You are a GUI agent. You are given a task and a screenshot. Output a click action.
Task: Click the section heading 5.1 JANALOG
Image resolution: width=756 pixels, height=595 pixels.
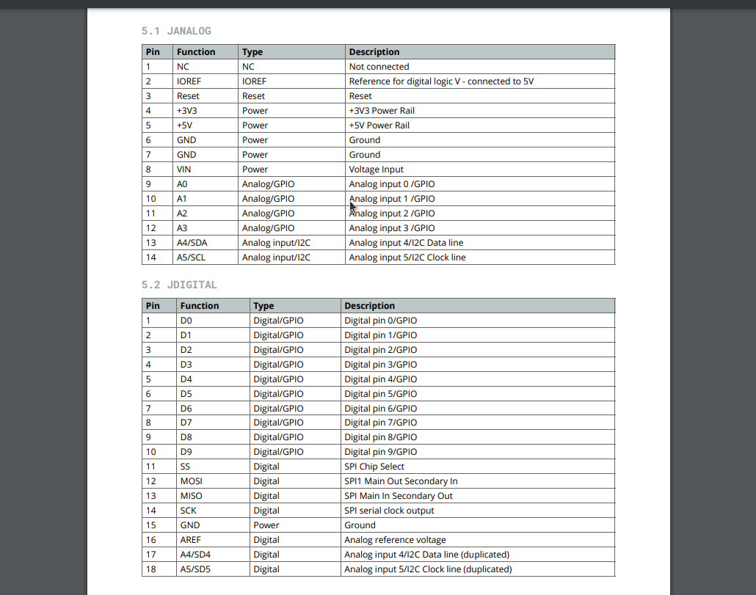click(176, 31)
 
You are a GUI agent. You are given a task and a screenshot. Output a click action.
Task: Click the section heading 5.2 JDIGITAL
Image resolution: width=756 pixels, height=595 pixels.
click(179, 285)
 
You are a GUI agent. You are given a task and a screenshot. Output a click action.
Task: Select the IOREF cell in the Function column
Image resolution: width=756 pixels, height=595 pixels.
click(189, 81)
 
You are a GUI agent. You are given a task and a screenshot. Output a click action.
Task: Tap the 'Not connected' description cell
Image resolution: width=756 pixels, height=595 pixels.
click(379, 67)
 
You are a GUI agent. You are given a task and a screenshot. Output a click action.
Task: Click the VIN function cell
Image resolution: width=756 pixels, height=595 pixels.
click(184, 169)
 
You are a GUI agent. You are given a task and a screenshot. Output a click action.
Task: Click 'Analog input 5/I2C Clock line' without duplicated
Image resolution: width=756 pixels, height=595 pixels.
click(407, 258)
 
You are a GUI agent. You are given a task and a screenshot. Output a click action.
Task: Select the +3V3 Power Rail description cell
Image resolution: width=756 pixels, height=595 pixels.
click(382, 111)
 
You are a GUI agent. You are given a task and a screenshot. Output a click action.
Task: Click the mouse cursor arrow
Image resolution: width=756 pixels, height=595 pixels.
click(353, 207)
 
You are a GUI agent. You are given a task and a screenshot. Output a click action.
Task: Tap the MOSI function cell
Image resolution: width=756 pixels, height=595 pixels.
click(191, 481)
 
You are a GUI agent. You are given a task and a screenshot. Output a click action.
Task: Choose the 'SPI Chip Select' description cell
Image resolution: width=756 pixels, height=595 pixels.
click(374, 467)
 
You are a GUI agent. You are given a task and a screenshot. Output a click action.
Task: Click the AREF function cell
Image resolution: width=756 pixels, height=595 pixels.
click(190, 540)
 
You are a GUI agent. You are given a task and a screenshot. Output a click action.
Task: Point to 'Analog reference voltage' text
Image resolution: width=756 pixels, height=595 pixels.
click(395, 540)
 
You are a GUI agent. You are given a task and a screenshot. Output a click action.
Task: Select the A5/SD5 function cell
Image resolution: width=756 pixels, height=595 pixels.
click(195, 569)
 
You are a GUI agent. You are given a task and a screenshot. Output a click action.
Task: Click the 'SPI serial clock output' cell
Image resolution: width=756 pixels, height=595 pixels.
click(389, 511)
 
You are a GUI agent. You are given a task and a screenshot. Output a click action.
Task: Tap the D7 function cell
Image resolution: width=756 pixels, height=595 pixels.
click(186, 423)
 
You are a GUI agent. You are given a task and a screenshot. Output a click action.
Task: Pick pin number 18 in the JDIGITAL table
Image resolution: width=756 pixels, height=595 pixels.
click(151, 569)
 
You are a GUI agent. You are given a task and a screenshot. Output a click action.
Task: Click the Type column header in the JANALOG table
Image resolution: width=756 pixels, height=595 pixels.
click(252, 52)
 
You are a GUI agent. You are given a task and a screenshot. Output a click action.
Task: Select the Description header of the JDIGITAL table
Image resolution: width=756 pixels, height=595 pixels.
click(369, 306)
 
